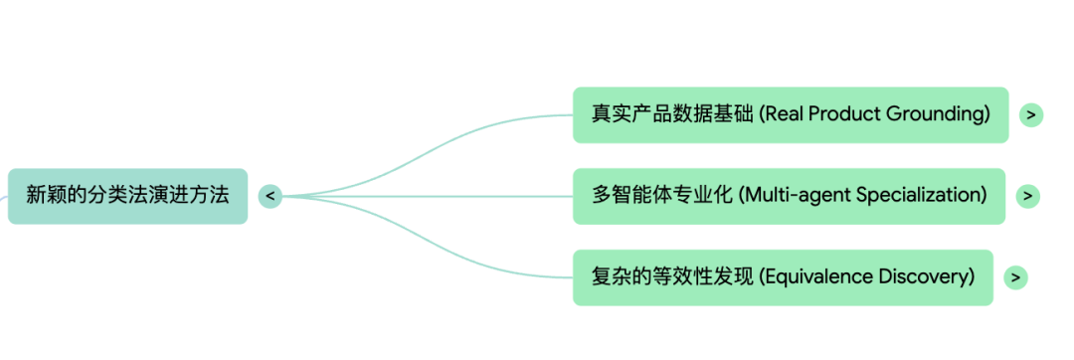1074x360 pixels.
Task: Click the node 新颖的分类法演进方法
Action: click(127, 196)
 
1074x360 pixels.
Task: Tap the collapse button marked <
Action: click(269, 196)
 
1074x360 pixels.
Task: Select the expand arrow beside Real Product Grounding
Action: click(1031, 114)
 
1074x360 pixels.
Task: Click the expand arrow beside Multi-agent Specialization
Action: click(1027, 196)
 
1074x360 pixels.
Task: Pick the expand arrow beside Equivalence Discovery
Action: click(1014, 277)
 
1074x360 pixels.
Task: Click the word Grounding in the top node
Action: click(943, 114)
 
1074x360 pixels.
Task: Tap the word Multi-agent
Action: click(791, 196)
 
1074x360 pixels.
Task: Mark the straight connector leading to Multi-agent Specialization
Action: click(428, 196)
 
